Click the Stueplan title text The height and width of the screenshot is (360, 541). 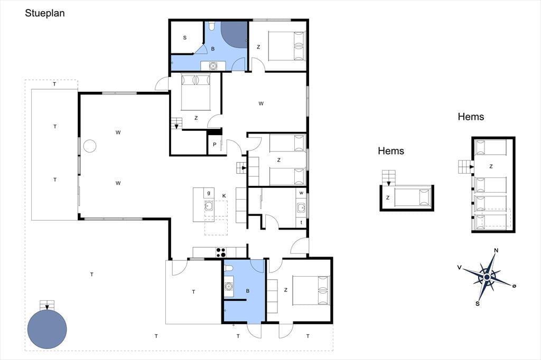tap(45, 13)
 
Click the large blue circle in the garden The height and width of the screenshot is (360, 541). tap(47, 329)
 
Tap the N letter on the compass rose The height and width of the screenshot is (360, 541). tap(496, 250)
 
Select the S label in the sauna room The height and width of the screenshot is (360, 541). tap(184, 37)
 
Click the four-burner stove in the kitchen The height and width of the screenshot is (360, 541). tap(221, 252)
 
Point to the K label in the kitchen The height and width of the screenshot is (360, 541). tap(224, 196)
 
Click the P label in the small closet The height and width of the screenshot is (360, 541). tap(214, 145)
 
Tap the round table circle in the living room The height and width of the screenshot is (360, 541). tap(90, 146)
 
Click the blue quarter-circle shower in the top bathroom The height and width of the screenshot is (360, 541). tap(234, 34)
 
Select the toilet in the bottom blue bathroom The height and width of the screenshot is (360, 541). tap(229, 268)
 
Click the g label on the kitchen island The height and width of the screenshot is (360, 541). tap(209, 193)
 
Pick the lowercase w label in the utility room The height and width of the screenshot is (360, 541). tap(301, 193)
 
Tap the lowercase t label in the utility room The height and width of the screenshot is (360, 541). tap(301, 222)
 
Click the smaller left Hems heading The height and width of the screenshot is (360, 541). tap(391, 151)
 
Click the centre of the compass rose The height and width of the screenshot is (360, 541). tap(487, 277)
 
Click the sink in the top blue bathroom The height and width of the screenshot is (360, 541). tap(213, 65)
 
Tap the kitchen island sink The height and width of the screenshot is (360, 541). tap(208, 206)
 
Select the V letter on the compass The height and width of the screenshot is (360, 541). tap(459, 267)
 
